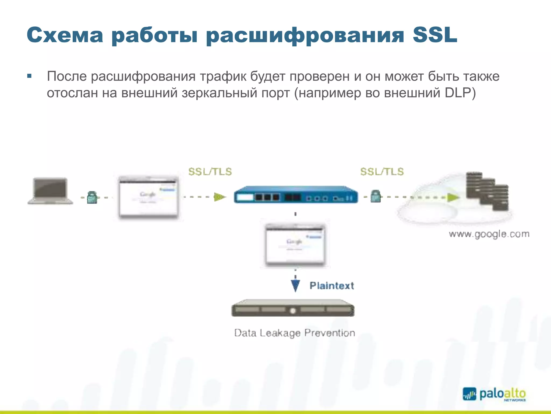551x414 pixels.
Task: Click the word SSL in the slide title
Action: click(x=435, y=35)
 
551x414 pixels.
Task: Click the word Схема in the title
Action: click(x=65, y=35)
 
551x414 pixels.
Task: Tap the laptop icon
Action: click(x=50, y=191)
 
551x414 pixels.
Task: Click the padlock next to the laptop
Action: click(x=92, y=197)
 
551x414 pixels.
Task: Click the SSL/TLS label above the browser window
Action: click(x=210, y=172)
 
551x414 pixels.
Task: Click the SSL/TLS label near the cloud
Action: click(x=382, y=172)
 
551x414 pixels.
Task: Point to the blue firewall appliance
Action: click(x=296, y=195)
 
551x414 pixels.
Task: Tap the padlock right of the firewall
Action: click(x=376, y=196)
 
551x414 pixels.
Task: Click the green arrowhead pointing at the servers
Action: click(x=453, y=198)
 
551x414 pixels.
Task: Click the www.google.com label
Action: click(x=489, y=234)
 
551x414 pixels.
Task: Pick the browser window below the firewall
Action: click(x=295, y=245)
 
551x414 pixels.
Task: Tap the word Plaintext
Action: click(x=331, y=286)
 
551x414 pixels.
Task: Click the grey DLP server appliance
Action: click(x=293, y=308)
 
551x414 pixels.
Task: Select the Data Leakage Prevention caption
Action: click(x=295, y=333)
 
